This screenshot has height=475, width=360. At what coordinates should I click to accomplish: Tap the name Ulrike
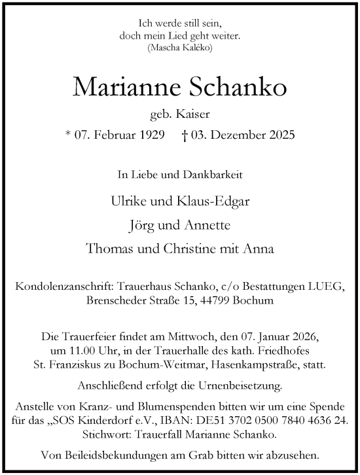pos(128,201)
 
